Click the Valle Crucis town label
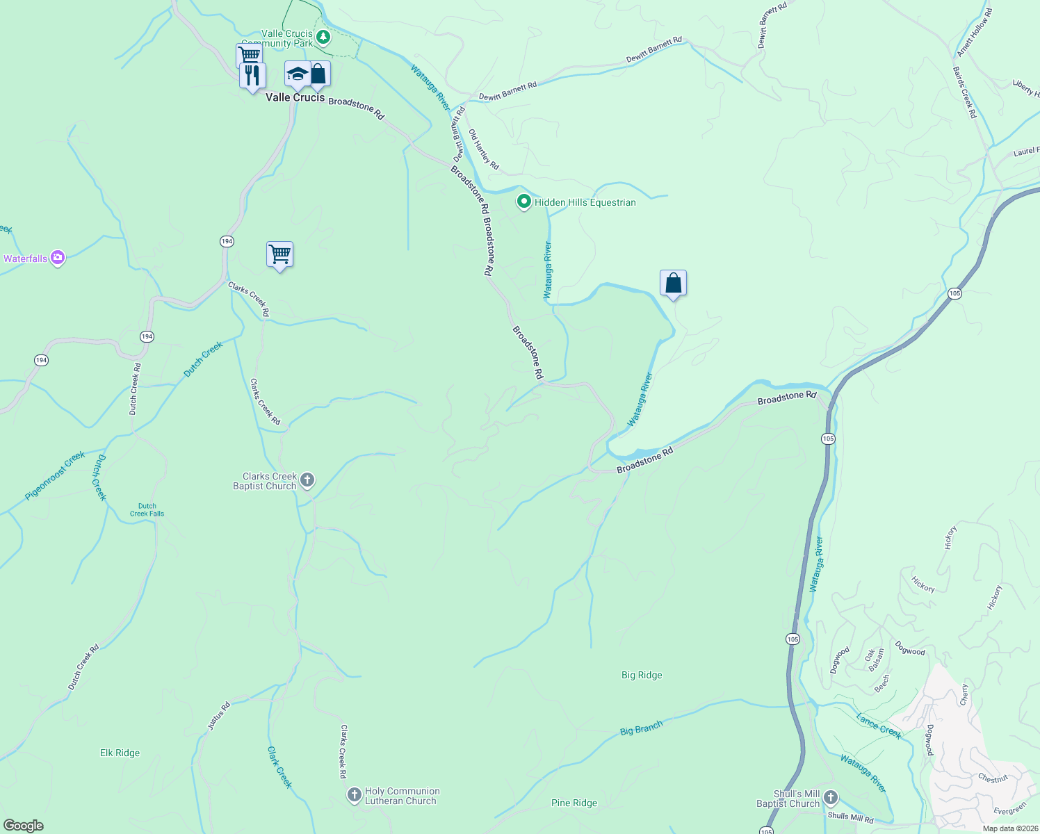point(295,98)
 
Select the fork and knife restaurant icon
point(252,75)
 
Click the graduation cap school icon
point(297,74)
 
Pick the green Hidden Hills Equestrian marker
point(524,202)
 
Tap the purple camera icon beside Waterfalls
point(58,259)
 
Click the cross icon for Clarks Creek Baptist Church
point(307,480)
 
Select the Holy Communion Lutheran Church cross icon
point(354,794)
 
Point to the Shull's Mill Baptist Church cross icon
point(830,798)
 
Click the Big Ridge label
point(641,675)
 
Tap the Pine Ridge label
point(574,803)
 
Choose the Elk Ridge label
point(120,753)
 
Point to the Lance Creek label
point(879,726)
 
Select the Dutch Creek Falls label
point(147,510)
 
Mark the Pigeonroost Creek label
point(55,475)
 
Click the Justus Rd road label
point(219,716)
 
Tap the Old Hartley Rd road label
point(483,149)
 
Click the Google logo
point(24,826)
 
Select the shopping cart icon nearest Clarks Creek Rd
point(279,254)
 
